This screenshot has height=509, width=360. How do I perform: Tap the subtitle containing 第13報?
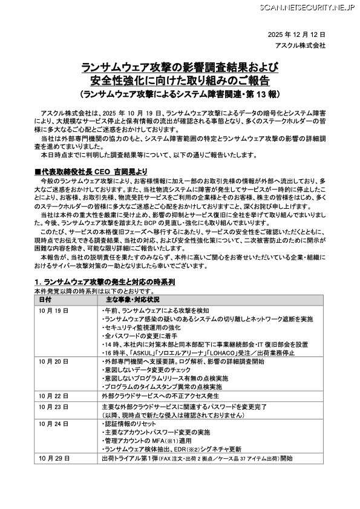click(x=180, y=95)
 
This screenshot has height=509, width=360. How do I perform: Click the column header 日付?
click(x=45, y=300)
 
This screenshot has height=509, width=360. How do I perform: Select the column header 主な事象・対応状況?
click(x=132, y=300)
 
